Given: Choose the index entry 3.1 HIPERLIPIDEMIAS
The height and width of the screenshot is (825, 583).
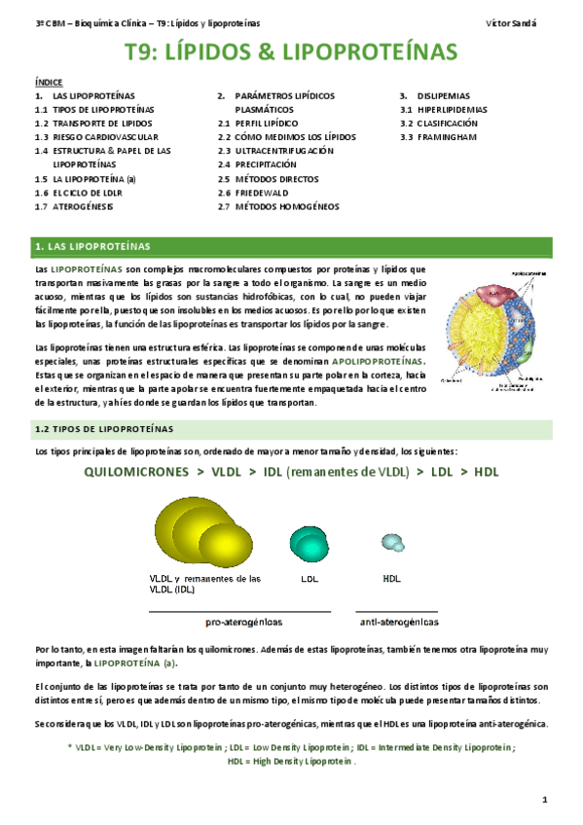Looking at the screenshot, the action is pyautogui.click(x=449, y=110).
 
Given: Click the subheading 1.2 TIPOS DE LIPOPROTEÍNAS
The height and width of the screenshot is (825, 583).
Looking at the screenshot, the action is pyautogui.click(x=104, y=429).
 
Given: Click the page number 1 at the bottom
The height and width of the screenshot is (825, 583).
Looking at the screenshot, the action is pyautogui.click(x=546, y=800).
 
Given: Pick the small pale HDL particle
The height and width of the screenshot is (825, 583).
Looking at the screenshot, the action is pyautogui.click(x=391, y=542).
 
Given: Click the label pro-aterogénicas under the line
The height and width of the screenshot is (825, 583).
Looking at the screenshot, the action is pyautogui.click(x=243, y=621).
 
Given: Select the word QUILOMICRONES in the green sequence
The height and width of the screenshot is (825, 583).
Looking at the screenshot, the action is pyautogui.click(x=137, y=472).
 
